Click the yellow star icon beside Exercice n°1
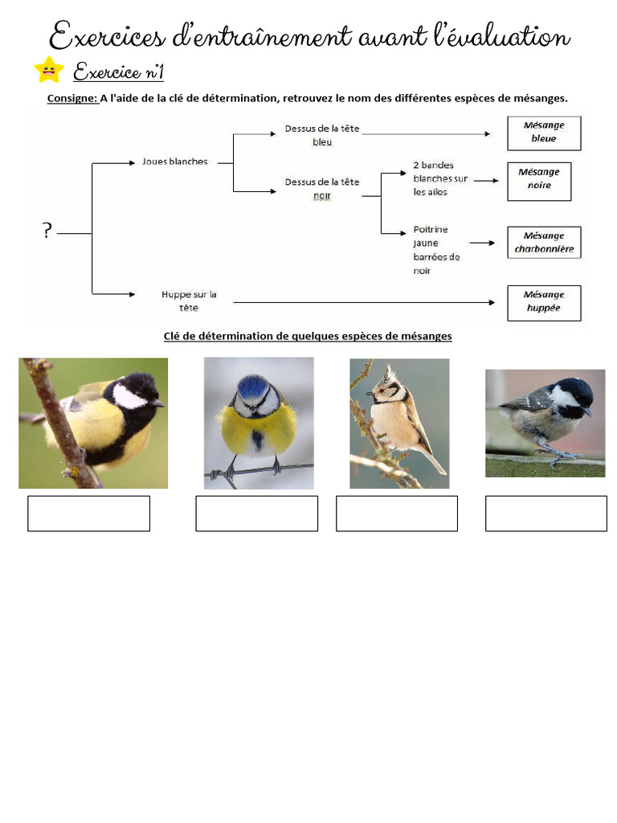[x=49, y=70]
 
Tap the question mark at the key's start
[x=47, y=231]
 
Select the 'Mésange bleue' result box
[x=543, y=132]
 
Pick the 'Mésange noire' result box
[x=539, y=178]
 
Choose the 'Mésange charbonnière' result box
[x=544, y=243]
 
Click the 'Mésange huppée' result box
[x=544, y=301]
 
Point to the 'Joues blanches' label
[x=174, y=162]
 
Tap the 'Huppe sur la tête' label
[x=189, y=301]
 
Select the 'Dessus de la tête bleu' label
[x=321, y=136]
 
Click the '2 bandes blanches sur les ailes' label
[x=439, y=179]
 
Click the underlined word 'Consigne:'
[x=72, y=99]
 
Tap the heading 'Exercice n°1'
[x=119, y=73]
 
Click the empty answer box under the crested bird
[x=396, y=514]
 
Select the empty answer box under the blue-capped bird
[x=256, y=514]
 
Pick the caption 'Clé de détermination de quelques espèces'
[x=308, y=336]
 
